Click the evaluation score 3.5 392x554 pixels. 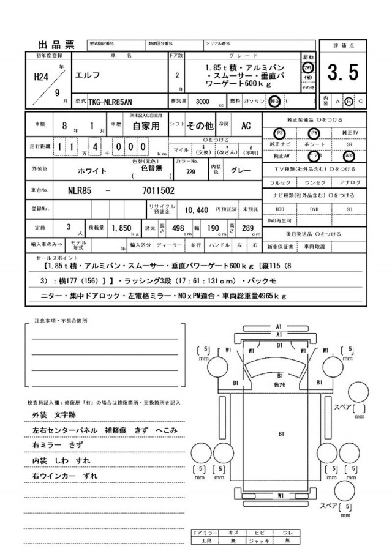tap(342, 73)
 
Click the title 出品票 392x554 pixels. tap(56, 44)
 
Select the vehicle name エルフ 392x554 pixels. tap(88, 76)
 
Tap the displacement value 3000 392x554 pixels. tap(198, 100)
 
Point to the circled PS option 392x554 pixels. tap(280, 132)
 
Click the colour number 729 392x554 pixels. tap(190, 172)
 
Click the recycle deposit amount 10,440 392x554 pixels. tap(199, 209)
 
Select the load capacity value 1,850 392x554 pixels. tap(121, 228)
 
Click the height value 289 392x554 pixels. tap(248, 228)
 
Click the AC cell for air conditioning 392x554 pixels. tap(246, 126)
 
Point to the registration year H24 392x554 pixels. tap(41, 77)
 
